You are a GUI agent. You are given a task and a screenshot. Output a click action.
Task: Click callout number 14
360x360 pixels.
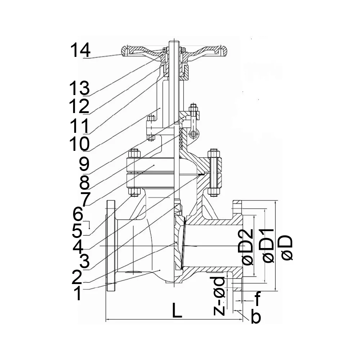tap(80, 50)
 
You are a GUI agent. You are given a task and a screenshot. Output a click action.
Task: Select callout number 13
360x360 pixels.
tap(79, 88)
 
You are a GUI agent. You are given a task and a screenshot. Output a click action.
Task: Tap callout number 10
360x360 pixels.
tap(79, 144)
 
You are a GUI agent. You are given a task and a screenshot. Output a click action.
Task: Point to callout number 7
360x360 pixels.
tap(86, 199)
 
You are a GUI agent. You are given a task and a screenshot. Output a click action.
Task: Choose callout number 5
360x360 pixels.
tap(77, 230)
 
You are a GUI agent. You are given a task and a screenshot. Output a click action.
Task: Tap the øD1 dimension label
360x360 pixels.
tap(269, 245)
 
